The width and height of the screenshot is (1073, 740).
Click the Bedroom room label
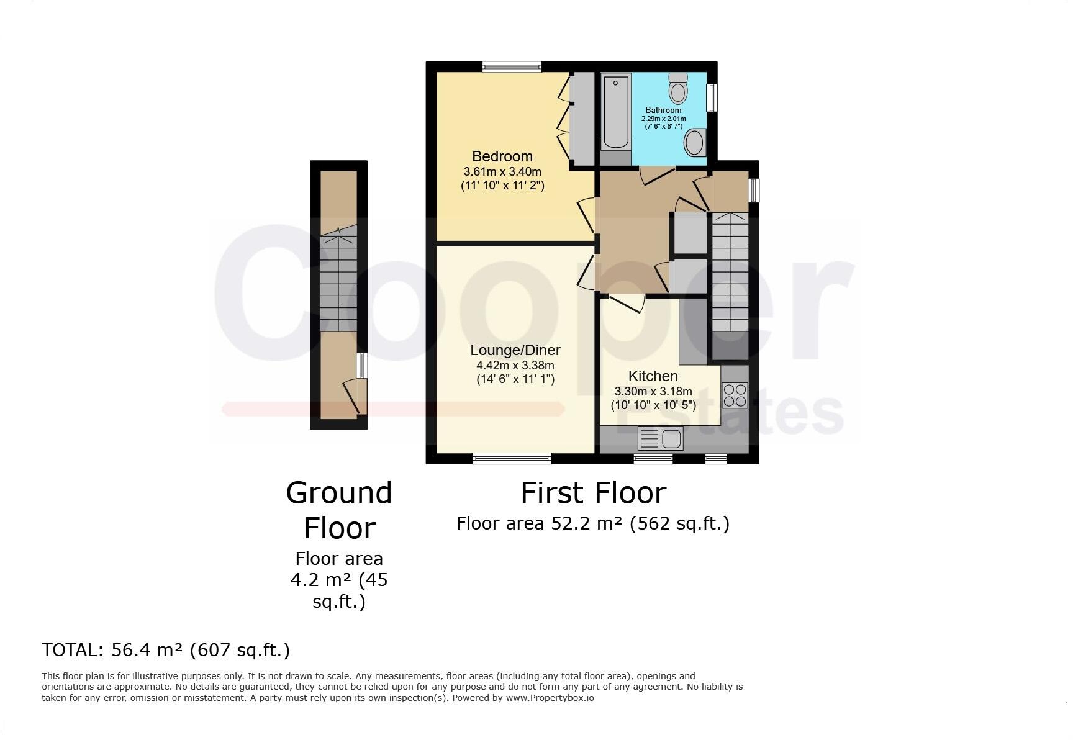(502, 156)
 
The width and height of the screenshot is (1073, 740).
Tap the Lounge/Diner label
(515, 350)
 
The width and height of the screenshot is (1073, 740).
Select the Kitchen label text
(653, 376)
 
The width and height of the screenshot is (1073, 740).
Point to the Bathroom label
(663, 110)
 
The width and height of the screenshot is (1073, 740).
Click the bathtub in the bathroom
(615, 111)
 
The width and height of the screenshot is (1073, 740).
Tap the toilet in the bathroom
(678, 88)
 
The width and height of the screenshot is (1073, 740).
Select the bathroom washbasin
(695, 143)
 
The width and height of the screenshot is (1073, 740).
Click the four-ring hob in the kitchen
(735, 395)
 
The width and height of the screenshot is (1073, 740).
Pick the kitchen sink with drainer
(660, 439)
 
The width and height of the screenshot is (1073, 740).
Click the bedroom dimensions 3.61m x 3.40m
(502, 171)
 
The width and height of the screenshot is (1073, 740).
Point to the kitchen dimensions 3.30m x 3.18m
(653, 392)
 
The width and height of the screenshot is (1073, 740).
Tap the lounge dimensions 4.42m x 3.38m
(515, 366)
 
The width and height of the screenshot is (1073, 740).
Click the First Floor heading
(593, 493)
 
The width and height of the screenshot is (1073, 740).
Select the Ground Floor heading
(339, 510)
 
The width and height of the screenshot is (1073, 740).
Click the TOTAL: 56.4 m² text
(166, 650)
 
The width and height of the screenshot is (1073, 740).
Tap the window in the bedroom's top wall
(512, 67)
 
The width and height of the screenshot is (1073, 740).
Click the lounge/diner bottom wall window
(512, 459)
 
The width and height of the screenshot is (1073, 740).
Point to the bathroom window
(712, 97)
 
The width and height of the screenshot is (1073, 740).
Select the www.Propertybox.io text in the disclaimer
(550, 698)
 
